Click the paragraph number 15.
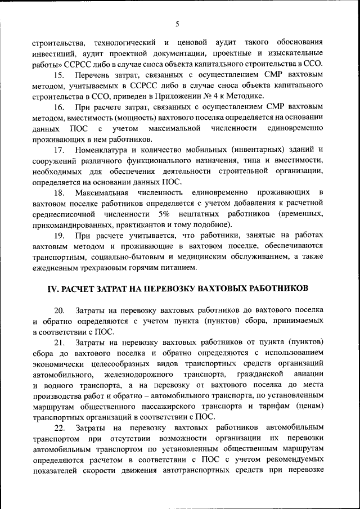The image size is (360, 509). [59, 75]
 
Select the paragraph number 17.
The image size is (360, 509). [59, 149]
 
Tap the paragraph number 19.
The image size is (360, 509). [59, 235]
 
